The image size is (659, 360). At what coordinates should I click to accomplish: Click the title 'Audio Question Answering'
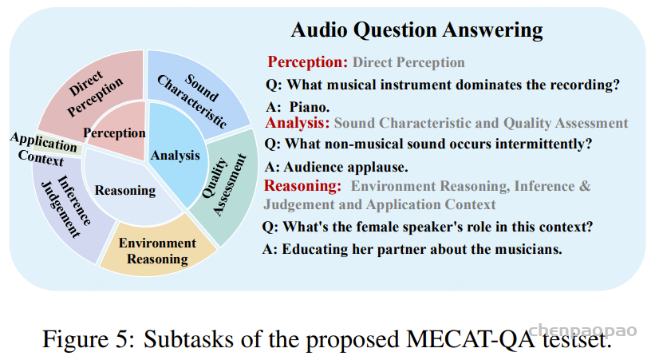coord(416,30)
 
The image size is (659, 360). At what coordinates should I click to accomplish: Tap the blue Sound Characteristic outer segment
coord(198,93)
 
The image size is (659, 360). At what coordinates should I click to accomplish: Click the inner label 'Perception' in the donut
coord(114,133)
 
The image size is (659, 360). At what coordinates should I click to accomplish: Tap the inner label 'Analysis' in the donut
coord(176,155)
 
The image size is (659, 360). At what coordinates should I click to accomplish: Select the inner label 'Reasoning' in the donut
coord(125,191)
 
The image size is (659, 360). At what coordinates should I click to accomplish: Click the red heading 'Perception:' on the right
coord(308,62)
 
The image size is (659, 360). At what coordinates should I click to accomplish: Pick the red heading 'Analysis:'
coord(298,123)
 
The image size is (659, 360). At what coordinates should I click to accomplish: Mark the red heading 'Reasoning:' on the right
coord(302,185)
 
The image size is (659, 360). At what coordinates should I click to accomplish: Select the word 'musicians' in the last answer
coord(528,249)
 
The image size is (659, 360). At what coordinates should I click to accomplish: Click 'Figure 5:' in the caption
coord(89,339)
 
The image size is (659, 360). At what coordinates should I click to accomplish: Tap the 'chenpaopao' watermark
coord(582,330)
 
